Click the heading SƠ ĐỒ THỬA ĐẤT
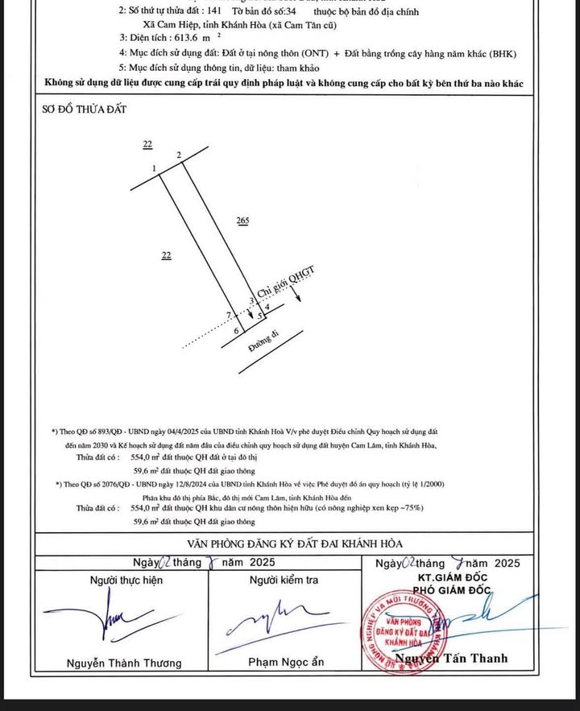coord(85,109)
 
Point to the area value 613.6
coord(173,39)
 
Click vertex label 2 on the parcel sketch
coord(178,154)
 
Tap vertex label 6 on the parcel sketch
coord(236,331)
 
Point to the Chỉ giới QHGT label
coord(284,281)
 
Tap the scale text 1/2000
coord(426,484)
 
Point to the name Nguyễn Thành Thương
coord(124,663)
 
